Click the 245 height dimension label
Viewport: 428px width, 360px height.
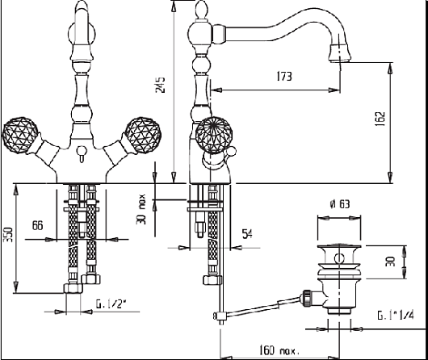click(161, 85)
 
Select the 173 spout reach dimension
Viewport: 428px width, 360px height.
click(284, 77)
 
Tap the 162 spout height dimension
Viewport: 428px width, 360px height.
click(380, 119)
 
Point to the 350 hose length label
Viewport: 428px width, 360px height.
click(8, 235)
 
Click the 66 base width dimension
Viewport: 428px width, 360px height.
click(38, 225)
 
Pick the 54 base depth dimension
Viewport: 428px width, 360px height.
click(247, 234)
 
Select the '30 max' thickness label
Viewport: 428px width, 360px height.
click(141, 209)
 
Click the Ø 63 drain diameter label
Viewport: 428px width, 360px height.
click(340, 204)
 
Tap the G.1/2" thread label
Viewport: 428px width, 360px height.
click(111, 304)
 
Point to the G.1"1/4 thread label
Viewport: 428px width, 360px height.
click(396, 316)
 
